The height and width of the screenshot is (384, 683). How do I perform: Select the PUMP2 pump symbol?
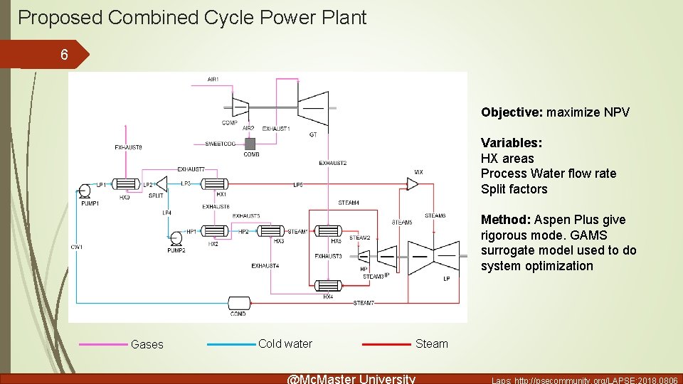pyautogui.click(x=176, y=237)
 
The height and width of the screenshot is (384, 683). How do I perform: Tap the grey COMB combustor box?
pyautogui.click(x=250, y=143)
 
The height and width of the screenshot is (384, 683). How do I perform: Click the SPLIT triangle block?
pyautogui.click(x=161, y=184)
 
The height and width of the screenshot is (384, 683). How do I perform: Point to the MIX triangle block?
pyautogui.click(x=411, y=184)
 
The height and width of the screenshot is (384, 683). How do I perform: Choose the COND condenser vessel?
pyautogui.click(x=238, y=303)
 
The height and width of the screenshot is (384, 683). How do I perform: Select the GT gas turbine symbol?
pyautogui.click(x=313, y=107)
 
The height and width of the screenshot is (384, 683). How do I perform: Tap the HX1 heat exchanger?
pyautogui.click(x=213, y=184)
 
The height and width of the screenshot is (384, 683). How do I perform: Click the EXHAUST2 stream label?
pyautogui.click(x=332, y=163)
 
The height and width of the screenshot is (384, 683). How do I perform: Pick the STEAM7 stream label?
pyautogui.click(x=364, y=304)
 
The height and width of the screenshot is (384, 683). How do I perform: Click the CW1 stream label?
pyautogui.click(x=76, y=247)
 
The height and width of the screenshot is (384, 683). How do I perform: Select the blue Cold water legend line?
pyautogui.click(x=231, y=345)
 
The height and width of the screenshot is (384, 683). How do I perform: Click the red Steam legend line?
pyautogui.click(x=386, y=345)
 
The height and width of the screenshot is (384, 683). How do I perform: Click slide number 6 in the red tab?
pyautogui.click(x=64, y=55)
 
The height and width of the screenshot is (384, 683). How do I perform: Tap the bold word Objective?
pyautogui.click(x=512, y=112)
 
